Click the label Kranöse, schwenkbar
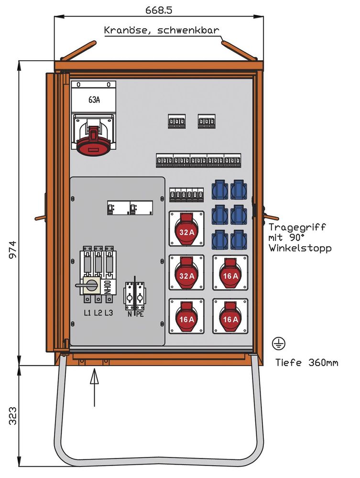[162, 31]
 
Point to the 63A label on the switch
[95, 100]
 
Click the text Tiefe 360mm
[306, 363]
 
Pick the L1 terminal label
[87, 313]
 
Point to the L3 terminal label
[109, 313]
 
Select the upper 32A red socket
[186, 229]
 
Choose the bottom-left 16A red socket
[186, 316]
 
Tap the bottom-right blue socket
[239, 239]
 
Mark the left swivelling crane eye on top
[79, 50]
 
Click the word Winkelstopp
[300, 248]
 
